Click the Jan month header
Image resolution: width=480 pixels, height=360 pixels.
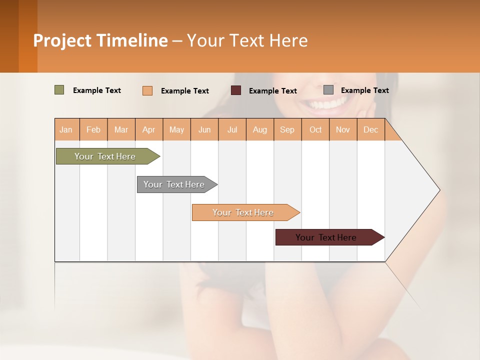(66, 130)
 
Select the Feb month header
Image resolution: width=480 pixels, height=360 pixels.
(93, 130)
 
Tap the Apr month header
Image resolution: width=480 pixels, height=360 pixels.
(148, 130)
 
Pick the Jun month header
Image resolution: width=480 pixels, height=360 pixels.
(204, 130)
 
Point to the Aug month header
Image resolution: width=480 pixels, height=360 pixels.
(259, 130)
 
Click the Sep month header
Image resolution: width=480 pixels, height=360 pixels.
(287, 130)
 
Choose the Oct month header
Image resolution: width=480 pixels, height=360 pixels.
(315, 130)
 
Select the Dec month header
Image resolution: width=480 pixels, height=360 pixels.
(370, 130)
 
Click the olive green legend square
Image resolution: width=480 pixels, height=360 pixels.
(59, 90)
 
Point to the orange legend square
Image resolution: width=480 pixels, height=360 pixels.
(147, 90)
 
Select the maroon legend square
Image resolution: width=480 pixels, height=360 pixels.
(236, 90)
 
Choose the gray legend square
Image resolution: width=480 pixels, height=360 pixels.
(328, 90)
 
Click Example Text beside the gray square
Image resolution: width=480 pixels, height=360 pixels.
(364, 90)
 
